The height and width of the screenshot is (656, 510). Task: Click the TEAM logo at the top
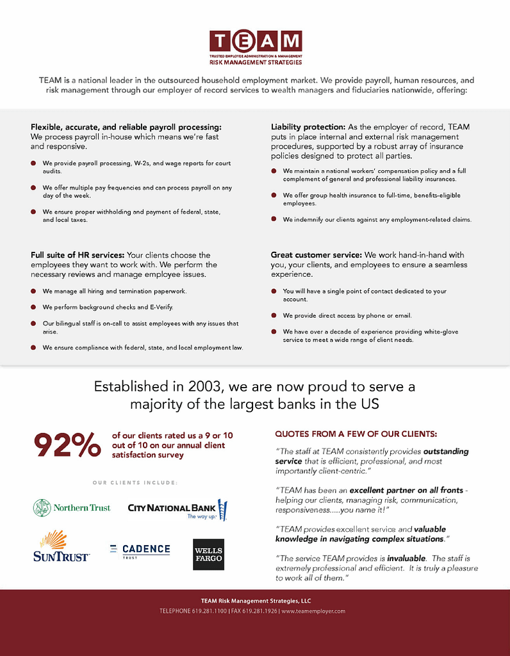click(x=255, y=47)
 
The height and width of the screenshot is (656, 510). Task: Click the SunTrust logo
click(x=61, y=546)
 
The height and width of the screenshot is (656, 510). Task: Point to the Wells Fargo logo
click(x=208, y=554)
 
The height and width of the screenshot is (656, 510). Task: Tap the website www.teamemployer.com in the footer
click(x=313, y=611)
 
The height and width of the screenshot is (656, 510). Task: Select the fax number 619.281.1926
click(x=259, y=611)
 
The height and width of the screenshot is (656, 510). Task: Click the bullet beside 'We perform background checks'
click(x=33, y=307)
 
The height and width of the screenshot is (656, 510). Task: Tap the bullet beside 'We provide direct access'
click(x=274, y=316)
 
